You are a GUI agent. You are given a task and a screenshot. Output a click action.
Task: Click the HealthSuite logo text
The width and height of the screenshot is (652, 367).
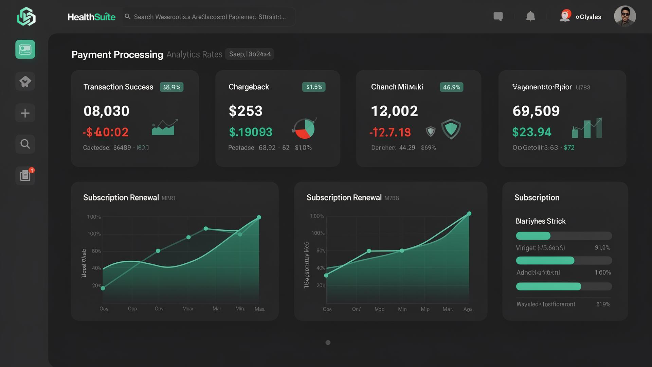coord(91,17)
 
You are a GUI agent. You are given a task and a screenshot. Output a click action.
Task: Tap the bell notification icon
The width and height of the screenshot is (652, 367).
coord(530,16)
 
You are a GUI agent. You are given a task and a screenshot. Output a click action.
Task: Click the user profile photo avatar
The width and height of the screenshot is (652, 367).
coord(624,16)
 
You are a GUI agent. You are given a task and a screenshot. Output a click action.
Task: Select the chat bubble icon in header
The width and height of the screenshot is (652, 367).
coord(498,16)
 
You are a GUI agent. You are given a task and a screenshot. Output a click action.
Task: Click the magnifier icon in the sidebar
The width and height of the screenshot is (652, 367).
coord(25,144)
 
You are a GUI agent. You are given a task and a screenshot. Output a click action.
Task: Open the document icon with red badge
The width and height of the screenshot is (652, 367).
coord(25,175)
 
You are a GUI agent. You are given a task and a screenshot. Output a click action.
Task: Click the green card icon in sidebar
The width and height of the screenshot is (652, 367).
coord(25,50)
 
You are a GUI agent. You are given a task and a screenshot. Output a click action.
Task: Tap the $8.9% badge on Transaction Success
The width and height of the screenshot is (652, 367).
coord(171,87)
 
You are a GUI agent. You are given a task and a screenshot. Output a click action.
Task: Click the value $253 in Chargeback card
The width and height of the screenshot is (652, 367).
coord(246,111)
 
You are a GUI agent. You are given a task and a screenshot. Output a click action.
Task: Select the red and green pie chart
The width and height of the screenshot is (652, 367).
coord(304,129)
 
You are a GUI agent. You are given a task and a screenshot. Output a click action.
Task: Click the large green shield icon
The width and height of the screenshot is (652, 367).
coord(451,129)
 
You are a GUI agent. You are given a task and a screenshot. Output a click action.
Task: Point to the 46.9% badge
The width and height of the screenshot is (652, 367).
coord(451,87)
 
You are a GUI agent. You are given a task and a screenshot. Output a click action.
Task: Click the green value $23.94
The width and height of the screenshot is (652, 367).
coord(531,132)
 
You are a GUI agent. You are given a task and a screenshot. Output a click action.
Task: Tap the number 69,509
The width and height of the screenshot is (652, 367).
coord(536,111)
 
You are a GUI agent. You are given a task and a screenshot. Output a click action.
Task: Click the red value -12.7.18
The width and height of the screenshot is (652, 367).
coord(390,132)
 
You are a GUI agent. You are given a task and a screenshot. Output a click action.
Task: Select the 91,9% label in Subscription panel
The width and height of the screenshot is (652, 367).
coord(602,248)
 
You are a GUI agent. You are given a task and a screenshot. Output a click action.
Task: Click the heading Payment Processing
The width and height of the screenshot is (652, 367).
coord(117,55)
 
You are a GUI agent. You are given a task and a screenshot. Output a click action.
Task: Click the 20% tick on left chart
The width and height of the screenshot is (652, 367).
coord(96,285)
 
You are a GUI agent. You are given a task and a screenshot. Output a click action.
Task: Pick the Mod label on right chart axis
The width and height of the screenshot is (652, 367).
coord(379,309)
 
